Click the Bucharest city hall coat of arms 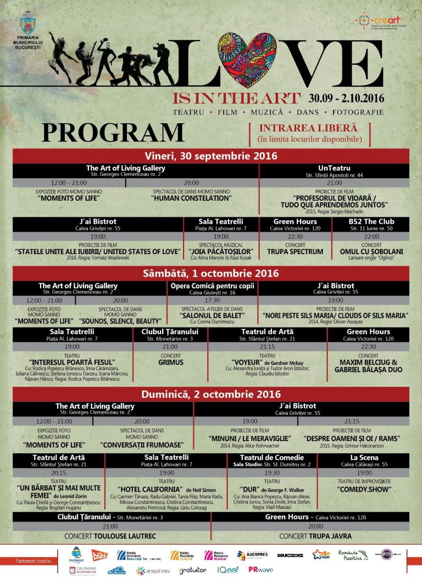[26, 25]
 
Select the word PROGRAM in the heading [113, 133]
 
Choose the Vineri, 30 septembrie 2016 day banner [211, 156]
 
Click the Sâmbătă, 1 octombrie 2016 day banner [211, 273]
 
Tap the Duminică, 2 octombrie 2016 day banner [211, 394]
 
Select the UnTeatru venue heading [334, 168]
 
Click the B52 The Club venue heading [371, 222]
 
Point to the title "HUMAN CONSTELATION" [192, 198]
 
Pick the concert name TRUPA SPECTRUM [295, 251]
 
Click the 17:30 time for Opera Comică [212, 300]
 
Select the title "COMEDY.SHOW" [364, 488]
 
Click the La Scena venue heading [364, 458]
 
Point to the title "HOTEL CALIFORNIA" [150, 488]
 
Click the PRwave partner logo [260, 570]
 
